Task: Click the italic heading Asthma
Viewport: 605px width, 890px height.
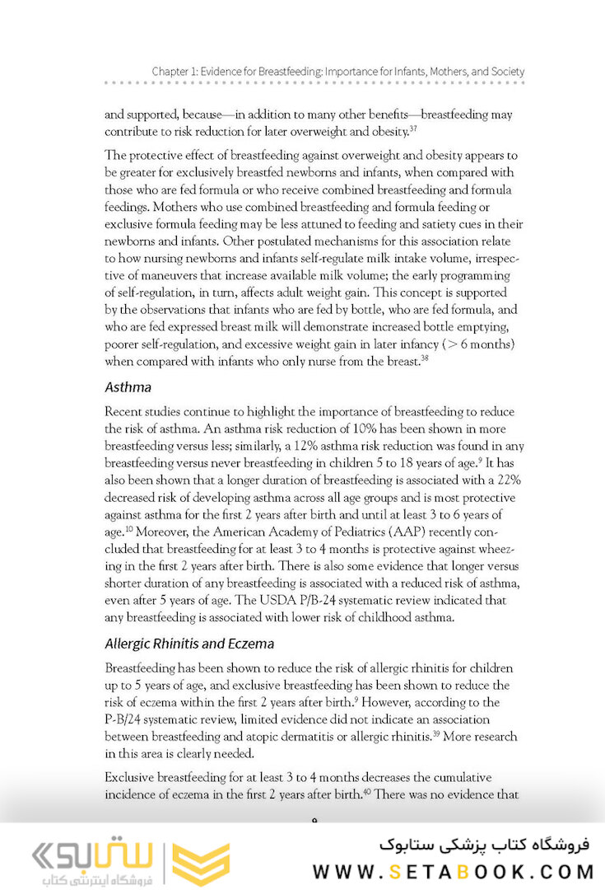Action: (x=129, y=386)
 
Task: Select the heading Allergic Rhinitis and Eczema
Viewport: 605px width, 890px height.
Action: (x=189, y=643)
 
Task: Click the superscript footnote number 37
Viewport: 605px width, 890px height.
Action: (x=414, y=129)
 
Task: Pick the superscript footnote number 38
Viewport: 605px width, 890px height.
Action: (x=426, y=357)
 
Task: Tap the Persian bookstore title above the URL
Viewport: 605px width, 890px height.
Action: (x=486, y=845)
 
